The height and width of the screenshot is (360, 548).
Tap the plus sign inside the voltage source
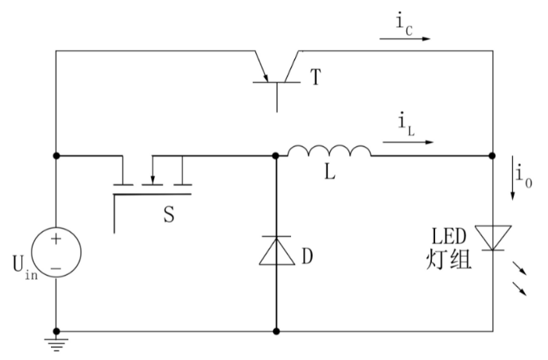tap(56, 239)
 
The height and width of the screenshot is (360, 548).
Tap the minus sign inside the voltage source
tap(56, 269)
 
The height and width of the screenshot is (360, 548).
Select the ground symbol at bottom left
tap(56, 344)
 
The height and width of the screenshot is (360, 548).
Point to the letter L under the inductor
tap(330, 172)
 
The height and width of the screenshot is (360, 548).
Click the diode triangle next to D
tap(277, 250)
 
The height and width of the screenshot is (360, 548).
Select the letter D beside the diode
tap(307, 257)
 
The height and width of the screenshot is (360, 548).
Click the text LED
tap(449, 236)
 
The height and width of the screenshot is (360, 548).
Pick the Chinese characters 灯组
tap(449, 259)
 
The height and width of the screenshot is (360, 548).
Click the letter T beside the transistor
tap(315, 77)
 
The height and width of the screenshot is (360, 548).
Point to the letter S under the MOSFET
tap(169, 215)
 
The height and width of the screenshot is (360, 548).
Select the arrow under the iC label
tap(405, 39)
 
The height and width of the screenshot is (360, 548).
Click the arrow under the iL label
tap(408, 142)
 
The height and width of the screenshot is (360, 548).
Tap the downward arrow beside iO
tap(513, 178)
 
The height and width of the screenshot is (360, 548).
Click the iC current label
tap(404, 25)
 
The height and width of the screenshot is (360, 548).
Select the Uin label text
tap(25, 267)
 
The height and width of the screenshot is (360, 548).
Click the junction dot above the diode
tap(276, 156)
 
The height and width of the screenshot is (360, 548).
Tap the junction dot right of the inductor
tap(492, 156)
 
